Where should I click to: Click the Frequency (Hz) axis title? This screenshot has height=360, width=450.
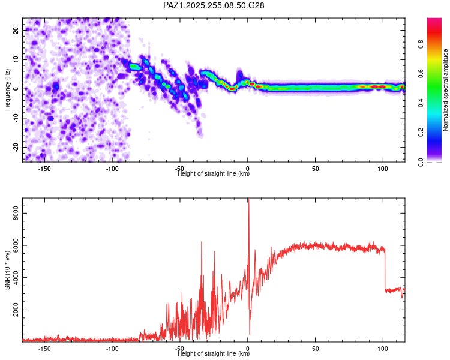pos(8,89)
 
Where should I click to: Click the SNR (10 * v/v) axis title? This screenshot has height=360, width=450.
pos(8,269)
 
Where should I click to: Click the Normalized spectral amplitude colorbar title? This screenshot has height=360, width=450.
pos(446,90)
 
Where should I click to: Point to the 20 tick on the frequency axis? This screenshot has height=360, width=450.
pos(16,29)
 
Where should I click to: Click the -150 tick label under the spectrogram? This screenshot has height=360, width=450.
pos(44,169)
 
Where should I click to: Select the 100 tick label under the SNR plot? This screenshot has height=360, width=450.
pos(383,349)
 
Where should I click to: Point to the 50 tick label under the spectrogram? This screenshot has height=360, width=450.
pos(315,169)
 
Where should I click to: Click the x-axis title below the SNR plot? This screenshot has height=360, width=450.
pos(214,354)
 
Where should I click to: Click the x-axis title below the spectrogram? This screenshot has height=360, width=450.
pos(214,174)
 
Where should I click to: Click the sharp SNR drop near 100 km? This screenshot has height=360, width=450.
pos(385,270)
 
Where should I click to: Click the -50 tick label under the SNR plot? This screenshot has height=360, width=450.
pos(179,349)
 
